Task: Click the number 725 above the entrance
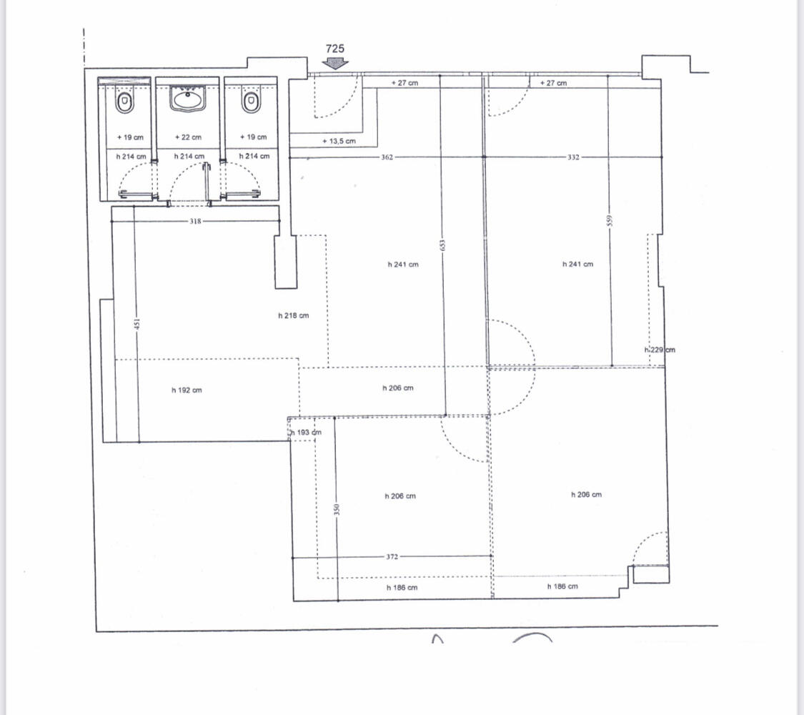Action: [335, 49]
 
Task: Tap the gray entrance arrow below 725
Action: [335, 64]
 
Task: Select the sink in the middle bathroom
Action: [188, 99]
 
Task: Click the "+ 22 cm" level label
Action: [188, 137]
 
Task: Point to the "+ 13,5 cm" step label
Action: [339, 141]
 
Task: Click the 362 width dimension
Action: [387, 157]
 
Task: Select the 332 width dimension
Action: [573, 157]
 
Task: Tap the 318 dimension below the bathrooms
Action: [195, 222]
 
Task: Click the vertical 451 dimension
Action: [137, 325]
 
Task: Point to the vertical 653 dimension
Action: [443, 246]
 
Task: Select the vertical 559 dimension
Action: [609, 220]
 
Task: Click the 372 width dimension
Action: [392, 557]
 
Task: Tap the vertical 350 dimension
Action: [337, 510]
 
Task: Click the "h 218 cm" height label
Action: [294, 316]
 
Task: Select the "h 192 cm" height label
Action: [187, 390]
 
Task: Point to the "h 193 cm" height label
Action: [306, 433]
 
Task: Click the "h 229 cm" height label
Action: [660, 350]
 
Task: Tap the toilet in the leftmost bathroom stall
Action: [124, 102]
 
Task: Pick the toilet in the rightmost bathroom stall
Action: [252, 102]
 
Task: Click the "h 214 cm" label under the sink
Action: [189, 157]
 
